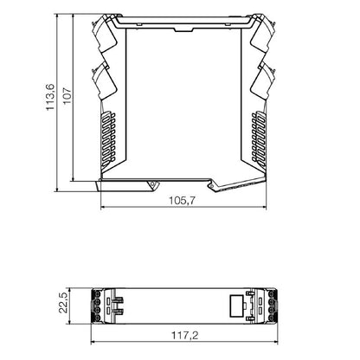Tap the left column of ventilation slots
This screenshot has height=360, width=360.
coord(108,138)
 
